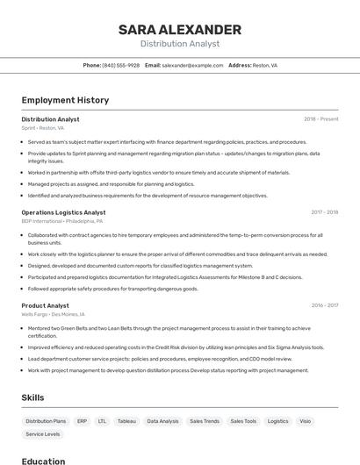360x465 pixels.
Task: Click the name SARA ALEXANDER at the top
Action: click(x=180, y=30)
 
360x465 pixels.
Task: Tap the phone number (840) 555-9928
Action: click(x=120, y=65)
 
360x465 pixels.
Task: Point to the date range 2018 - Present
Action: click(x=320, y=119)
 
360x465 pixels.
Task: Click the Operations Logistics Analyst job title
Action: click(x=63, y=212)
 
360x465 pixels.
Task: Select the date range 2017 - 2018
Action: click(x=324, y=212)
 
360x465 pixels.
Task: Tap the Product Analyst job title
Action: click(x=45, y=305)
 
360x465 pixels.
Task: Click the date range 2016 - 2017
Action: click(x=324, y=305)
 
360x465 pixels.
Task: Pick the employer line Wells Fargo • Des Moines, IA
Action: click(x=53, y=313)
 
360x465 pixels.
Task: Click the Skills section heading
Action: click(x=33, y=397)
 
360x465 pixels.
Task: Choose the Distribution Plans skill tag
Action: click(x=46, y=421)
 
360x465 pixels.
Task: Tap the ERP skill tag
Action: click(x=82, y=421)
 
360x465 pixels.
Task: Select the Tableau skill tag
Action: click(x=126, y=421)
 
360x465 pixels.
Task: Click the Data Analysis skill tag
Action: click(x=162, y=421)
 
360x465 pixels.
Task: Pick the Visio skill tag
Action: click(x=305, y=421)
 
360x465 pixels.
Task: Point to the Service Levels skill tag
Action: click(x=43, y=434)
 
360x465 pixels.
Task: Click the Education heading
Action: click(x=43, y=461)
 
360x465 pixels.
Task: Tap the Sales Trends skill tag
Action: click(x=205, y=421)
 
